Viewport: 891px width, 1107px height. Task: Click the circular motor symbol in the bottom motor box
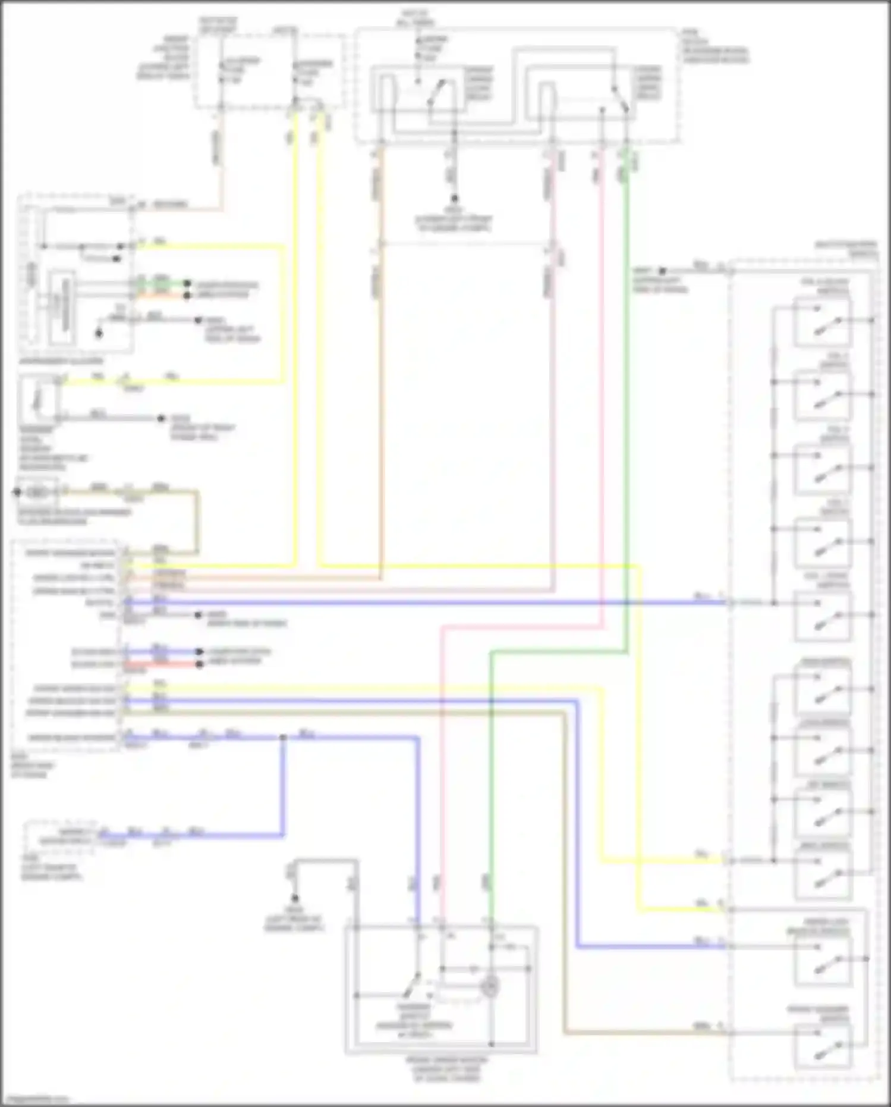(490, 987)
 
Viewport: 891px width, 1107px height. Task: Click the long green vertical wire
(625, 416)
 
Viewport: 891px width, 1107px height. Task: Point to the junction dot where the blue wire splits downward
(284, 738)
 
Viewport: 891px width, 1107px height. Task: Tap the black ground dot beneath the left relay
(454, 199)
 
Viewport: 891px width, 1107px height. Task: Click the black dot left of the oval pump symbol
(17, 492)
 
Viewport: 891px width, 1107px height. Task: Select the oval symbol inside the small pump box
(37, 493)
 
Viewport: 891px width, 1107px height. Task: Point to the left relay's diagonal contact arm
(437, 92)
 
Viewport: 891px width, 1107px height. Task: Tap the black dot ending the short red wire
(200, 664)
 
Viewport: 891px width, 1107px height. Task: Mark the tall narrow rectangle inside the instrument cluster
(63, 306)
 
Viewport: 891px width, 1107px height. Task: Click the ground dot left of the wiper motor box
(294, 898)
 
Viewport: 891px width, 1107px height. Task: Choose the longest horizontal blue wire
(416, 603)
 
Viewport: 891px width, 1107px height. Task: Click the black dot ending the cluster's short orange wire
(187, 295)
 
